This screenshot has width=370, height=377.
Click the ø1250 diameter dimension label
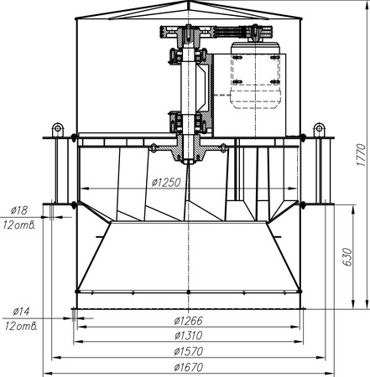tap(166, 183)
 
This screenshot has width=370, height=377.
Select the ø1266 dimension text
tap(188, 321)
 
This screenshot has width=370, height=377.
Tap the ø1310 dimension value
tap(188, 335)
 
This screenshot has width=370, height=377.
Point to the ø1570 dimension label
tap(188, 351)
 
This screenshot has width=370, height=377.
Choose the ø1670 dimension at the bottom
tap(188, 367)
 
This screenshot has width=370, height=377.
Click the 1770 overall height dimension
tap(361, 155)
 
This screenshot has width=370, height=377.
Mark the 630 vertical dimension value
tap(347, 257)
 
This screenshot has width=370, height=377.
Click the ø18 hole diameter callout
tap(19, 210)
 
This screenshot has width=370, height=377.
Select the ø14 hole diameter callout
tap(21, 311)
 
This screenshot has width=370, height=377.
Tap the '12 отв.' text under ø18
tap(19, 225)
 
